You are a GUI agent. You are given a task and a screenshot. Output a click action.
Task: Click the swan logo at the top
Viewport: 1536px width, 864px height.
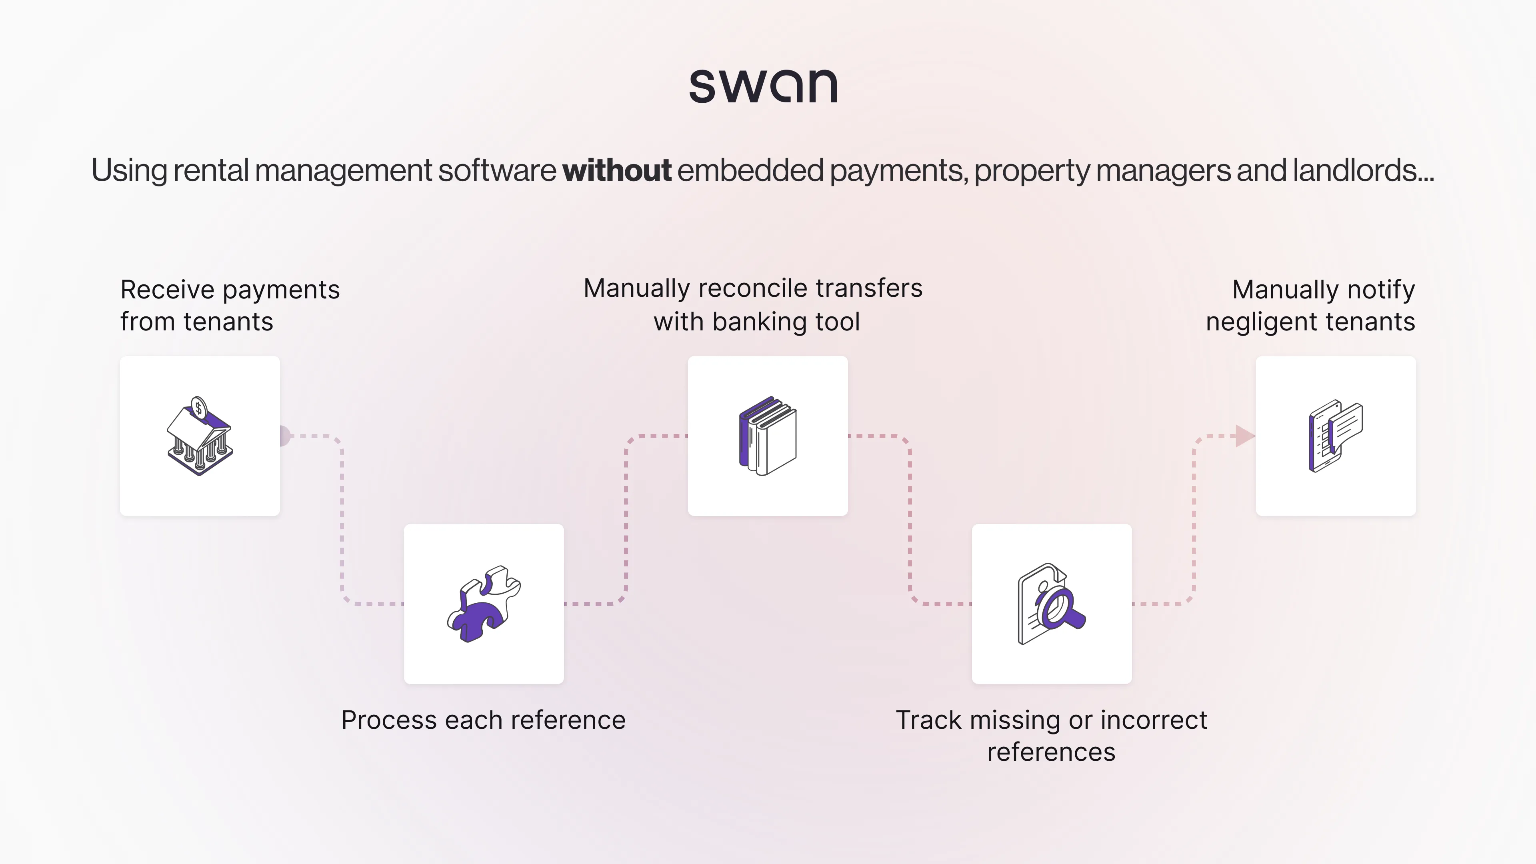[763, 86]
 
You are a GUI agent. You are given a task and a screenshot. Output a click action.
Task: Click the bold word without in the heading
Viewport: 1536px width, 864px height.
[616, 170]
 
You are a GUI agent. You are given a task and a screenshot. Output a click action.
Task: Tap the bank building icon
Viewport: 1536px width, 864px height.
[200, 441]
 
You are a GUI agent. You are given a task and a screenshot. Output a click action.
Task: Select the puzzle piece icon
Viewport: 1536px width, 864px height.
[484, 604]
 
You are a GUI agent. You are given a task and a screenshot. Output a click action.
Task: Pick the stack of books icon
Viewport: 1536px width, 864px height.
[768, 436]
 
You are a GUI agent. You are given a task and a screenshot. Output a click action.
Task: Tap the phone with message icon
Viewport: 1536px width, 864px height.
[1336, 436]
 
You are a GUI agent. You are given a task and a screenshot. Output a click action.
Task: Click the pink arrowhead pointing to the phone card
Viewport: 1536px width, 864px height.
[1244, 436]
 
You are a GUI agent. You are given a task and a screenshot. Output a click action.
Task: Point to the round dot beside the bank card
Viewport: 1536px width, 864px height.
[284, 436]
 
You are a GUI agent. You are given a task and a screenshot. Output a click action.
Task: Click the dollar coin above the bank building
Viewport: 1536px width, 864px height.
[198, 408]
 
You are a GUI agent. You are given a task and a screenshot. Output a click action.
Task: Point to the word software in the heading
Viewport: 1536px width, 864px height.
[497, 170]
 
